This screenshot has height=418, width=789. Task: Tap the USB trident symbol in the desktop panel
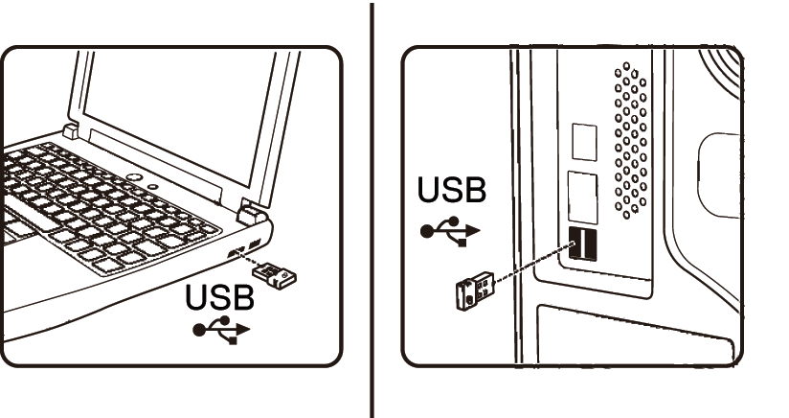click(449, 230)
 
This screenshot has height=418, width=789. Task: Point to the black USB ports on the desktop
click(581, 246)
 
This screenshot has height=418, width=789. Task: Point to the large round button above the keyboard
click(133, 179)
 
